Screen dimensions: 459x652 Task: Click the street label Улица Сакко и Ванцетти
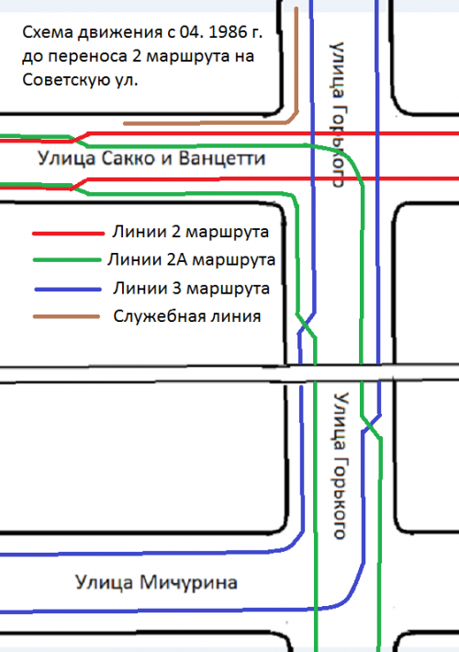[x=151, y=158]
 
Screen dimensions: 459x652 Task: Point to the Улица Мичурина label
[x=156, y=582]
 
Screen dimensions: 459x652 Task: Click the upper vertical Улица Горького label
[x=338, y=114]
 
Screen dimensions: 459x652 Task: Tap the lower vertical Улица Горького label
[x=341, y=465]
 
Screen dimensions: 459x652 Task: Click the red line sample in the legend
[x=68, y=234]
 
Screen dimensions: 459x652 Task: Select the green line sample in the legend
[x=67, y=260]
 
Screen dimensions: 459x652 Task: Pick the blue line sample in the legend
[x=68, y=290]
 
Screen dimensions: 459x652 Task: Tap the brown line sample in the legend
[x=66, y=317]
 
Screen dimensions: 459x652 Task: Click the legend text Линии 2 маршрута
[x=191, y=232]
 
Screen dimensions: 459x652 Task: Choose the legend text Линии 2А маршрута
[x=191, y=260]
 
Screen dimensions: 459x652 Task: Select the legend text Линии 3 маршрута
[x=191, y=288]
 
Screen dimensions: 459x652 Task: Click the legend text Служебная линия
[x=187, y=316]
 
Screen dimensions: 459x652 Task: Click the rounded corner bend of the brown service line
[x=293, y=119]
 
